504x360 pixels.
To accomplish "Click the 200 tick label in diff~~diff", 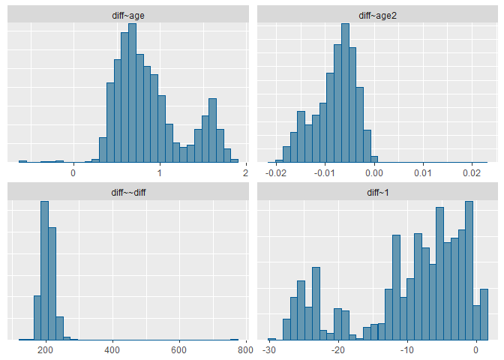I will (46, 349).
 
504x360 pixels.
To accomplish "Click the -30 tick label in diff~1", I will (270, 349).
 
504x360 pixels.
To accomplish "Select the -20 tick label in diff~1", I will (338, 349).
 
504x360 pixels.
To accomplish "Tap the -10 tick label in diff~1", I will (407, 349).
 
